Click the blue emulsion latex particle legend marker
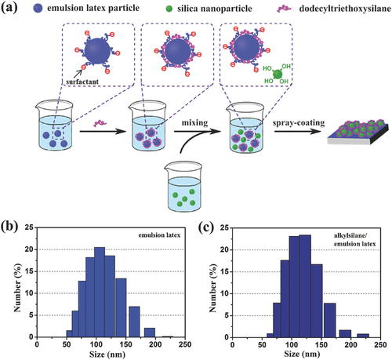click(x=38, y=9)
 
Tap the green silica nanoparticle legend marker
click(x=169, y=9)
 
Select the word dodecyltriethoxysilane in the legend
click(x=345, y=9)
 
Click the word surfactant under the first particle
click(x=82, y=82)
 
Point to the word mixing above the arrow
click(x=195, y=122)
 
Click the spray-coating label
click(x=299, y=122)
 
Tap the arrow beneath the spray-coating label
click(x=298, y=132)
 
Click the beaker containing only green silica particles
click(x=183, y=186)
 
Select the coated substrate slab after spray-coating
click(x=358, y=132)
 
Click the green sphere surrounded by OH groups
click(x=278, y=75)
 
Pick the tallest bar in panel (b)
click(x=100, y=292)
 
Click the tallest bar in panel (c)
click(x=305, y=286)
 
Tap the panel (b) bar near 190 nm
click(x=150, y=333)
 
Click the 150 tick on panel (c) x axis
click(x=321, y=345)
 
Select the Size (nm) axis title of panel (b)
click(x=107, y=355)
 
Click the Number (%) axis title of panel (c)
click(x=213, y=288)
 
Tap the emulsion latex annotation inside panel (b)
click(x=159, y=235)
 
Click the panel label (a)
click(x=9, y=8)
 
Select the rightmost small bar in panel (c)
click(x=363, y=336)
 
